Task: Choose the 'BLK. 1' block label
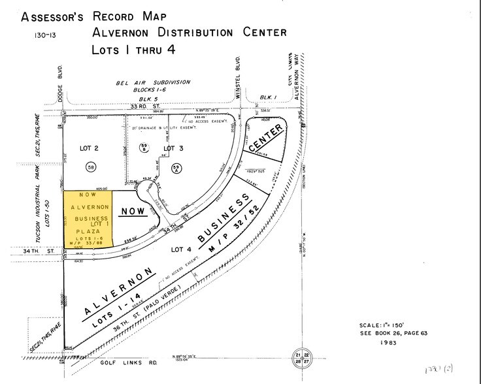267,97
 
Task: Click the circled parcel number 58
91,168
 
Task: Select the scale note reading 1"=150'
389,325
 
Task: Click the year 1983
388,342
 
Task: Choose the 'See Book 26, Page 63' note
393,333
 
